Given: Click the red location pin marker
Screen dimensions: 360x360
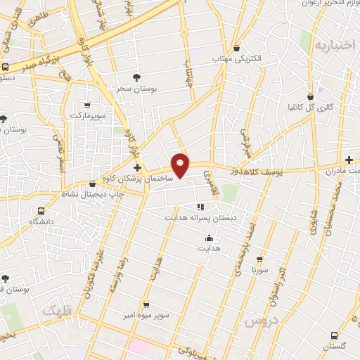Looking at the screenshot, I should click(x=181, y=166).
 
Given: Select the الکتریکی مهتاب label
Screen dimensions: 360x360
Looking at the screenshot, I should click(x=237, y=60).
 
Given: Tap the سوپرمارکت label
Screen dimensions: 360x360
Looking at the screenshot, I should click(x=86, y=114).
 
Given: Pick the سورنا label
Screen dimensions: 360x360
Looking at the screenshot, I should click(x=259, y=269).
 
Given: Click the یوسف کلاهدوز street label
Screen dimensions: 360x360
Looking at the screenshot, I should click(x=257, y=169).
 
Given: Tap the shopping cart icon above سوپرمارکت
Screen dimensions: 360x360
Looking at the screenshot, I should click(x=87, y=104).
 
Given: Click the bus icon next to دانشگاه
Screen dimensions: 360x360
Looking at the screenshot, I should click(x=41, y=210).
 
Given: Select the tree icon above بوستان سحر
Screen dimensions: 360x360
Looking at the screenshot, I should click(x=136, y=77).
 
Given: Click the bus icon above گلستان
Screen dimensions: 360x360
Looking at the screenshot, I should click(x=334, y=335).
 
